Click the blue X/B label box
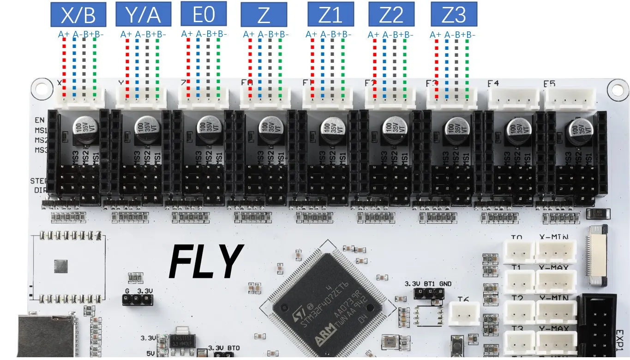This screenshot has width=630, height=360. (x=78, y=15)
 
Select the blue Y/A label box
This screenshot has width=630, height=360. (x=143, y=15)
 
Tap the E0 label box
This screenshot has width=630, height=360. (x=204, y=14)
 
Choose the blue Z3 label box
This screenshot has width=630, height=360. (x=454, y=15)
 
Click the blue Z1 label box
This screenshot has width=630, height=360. (x=330, y=15)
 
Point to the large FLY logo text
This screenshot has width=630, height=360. (x=206, y=261)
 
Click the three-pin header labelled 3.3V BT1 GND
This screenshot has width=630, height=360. (x=429, y=293)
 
